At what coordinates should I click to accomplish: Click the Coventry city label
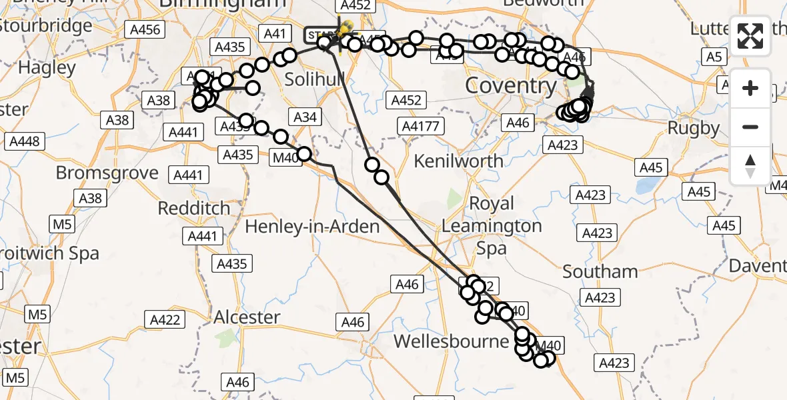pyautogui.click(x=510, y=86)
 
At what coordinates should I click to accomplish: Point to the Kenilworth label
pyautogui.click(x=459, y=161)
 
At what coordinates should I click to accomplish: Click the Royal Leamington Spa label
pyautogui.click(x=492, y=225)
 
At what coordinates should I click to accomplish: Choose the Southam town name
pyautogui.click(x=600, y=271)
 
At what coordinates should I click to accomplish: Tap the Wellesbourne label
pyautogui.click(x=452, y=341)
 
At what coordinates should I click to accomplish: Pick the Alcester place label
pyautogui.click(x=247, y=317)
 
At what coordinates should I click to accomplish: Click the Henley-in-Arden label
pyautogui.click(x=312, y=227)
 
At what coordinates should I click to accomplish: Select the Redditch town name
pyautogui.click(x=194, y=208)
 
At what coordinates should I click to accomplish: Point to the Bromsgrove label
pyautogui.click(x=107, y=173)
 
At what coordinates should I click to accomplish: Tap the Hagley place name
pyautogui.click(x=47, y=67)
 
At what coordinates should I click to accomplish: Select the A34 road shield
pyautogui.click(x=305, y=117)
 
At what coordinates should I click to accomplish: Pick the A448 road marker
pyautogui.click(x=25, y=141)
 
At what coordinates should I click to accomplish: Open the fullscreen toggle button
pyautogui.click(x=750, y=35)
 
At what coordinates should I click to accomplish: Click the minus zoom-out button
pyautogui.click(x=750, y=127)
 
